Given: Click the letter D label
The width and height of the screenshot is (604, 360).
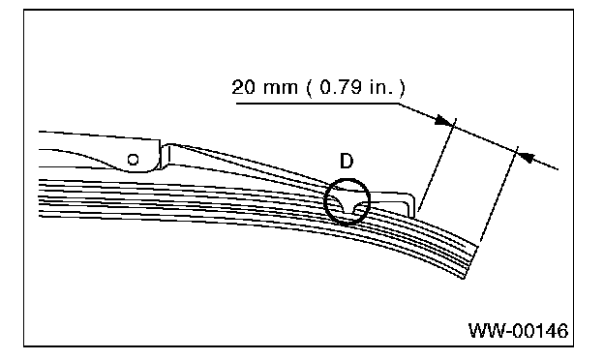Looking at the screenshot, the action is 347,161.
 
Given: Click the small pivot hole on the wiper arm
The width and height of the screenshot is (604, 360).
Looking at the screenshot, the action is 133,159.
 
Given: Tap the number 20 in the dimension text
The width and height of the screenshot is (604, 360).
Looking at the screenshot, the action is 244,87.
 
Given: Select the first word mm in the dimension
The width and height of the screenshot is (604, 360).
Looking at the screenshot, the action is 281,88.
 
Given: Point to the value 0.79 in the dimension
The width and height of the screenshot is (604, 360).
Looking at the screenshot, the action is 341,87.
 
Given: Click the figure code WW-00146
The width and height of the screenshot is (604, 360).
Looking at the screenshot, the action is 518,330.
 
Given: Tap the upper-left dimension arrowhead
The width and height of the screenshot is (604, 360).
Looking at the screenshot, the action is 442,120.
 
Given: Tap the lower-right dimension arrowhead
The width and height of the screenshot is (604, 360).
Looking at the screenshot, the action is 527,156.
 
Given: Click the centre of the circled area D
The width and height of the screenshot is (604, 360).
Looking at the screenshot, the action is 347,201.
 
